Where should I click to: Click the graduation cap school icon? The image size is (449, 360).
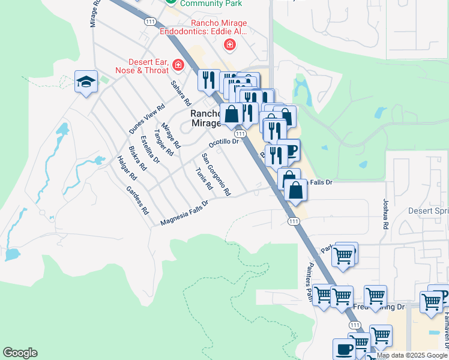click(86, 82)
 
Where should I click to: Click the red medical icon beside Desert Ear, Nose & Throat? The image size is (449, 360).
click(178, 64)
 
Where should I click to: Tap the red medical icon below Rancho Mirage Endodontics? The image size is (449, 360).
click(229, 44)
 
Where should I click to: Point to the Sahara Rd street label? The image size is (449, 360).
click(181, 94)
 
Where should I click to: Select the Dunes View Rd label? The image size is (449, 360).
click(147, 119)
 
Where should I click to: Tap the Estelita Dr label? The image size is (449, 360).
click(150, 149)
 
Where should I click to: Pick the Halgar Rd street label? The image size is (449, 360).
click(127, 168)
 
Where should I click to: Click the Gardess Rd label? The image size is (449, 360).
click(137, 200)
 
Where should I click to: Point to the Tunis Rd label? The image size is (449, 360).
click(204, 178)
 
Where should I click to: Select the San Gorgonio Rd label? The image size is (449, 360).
click(216, 175)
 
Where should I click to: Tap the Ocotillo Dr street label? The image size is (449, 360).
click(224, 143)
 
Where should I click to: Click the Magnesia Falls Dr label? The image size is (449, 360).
click(184, 214)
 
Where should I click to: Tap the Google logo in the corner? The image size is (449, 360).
click(20, 353)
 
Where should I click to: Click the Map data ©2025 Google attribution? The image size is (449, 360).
click(412, 355)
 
